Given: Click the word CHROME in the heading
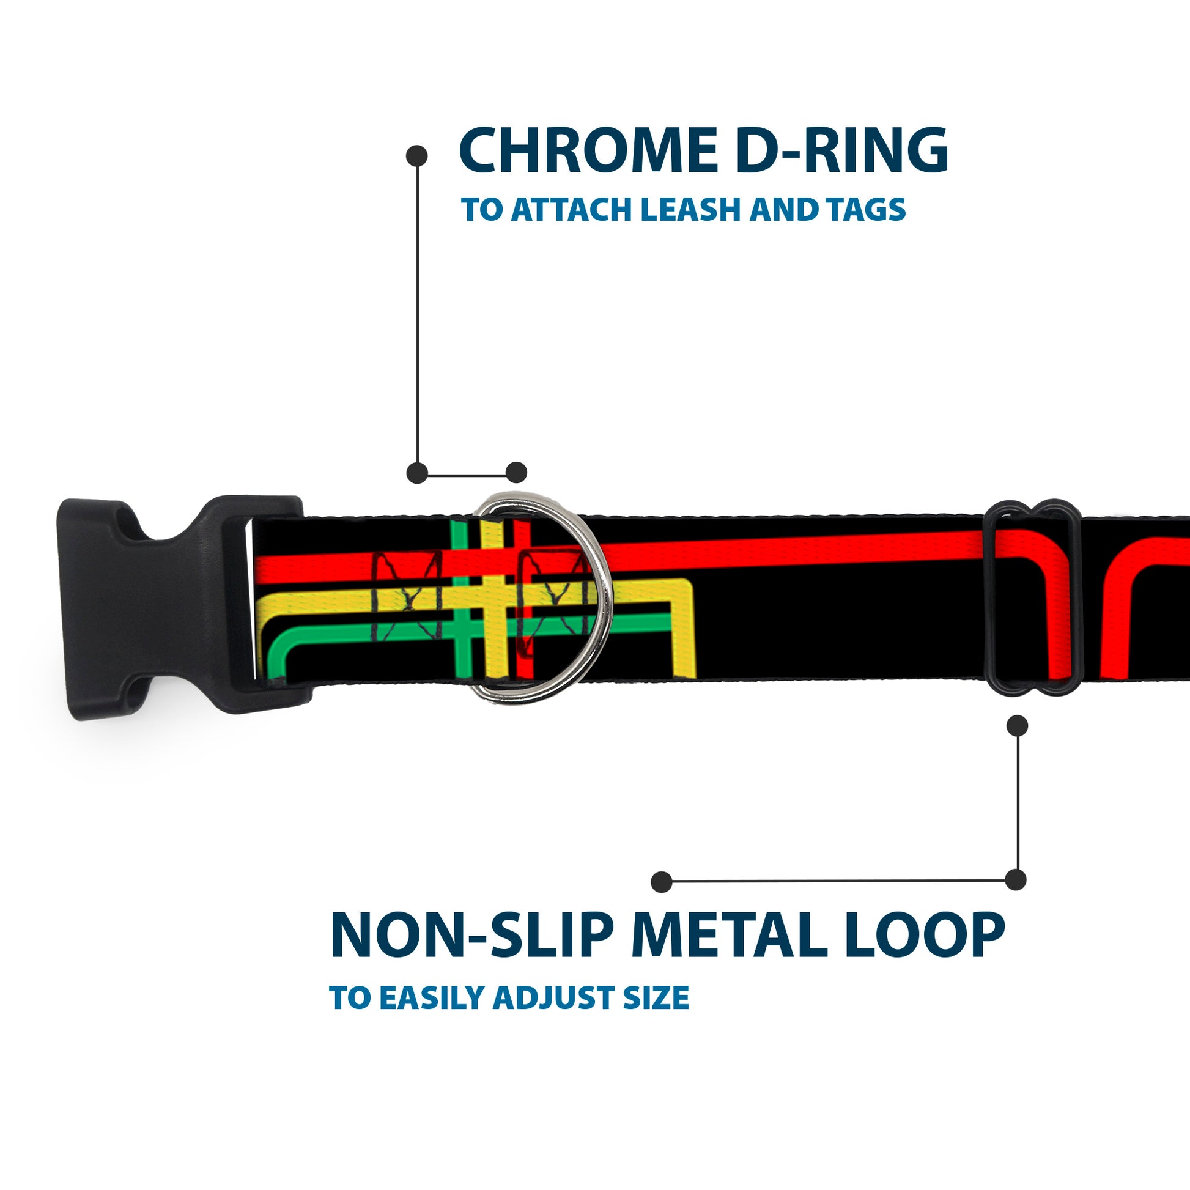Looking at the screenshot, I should pos(588,152).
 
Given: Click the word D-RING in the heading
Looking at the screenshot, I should pos(841,152).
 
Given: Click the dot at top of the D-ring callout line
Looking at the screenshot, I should pos(417,156).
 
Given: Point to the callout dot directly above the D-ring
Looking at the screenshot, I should pos(516,473).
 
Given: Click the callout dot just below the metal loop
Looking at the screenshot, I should pos(1017,726).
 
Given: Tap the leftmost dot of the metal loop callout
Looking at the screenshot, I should pos(662,881).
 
